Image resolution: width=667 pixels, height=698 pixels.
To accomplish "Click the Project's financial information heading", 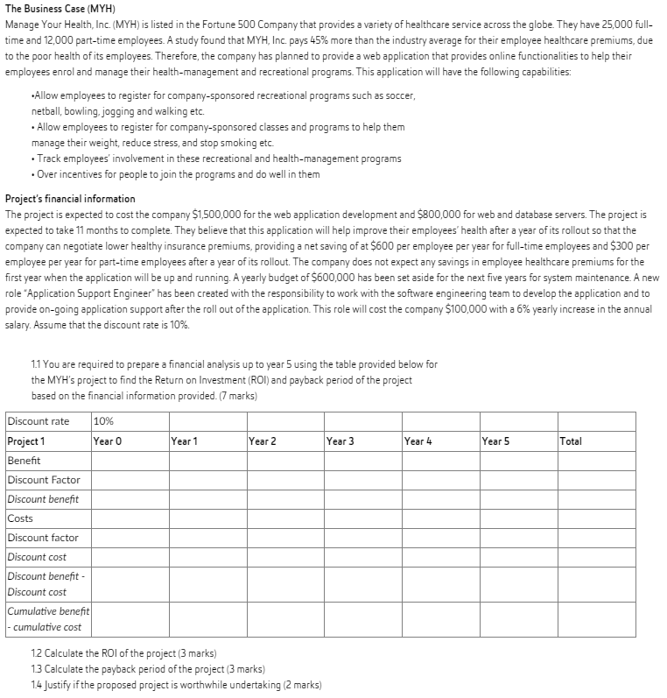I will point(70,199).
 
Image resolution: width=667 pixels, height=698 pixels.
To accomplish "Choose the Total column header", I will point(571,441).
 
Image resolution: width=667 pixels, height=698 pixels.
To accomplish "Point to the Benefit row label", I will point(25,460).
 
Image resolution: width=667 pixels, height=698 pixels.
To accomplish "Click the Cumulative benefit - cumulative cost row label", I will point(47,618).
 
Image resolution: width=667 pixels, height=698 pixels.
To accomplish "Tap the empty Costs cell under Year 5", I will point(516,518).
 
